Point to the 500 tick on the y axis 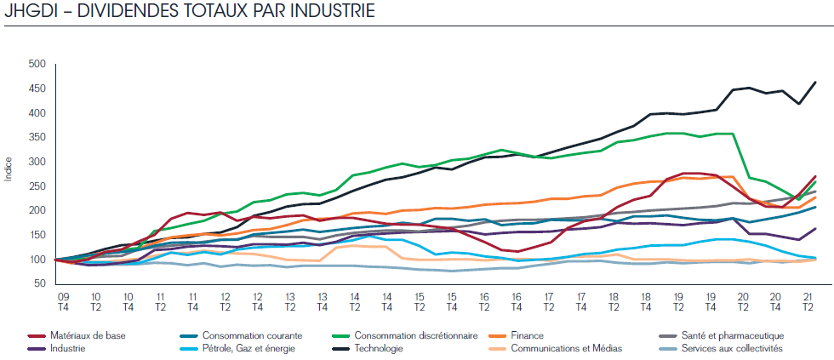click(x=36, y=65)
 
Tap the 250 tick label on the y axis click(x=36, y=211)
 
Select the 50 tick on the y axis click(x=38, y=309)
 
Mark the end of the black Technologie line click(x=816, y=82)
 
